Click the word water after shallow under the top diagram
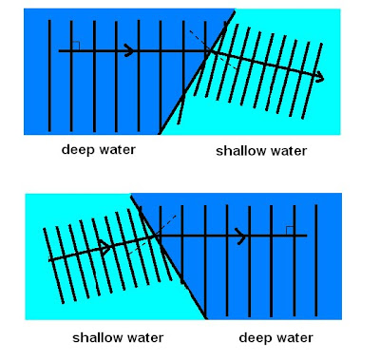[289, 151]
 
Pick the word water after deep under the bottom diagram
[294, 338]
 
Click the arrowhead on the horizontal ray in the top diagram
[130, 50]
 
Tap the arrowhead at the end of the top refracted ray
[319, 77]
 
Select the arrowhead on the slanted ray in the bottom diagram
[105, 245]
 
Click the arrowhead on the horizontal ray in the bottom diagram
[241, 236]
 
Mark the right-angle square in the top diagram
[76, 46]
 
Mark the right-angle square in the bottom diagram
[290, 231]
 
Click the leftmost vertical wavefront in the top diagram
[49, 76]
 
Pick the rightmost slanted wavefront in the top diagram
[313, 81]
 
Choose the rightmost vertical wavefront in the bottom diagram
[316, 260]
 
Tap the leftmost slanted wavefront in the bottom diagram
[53, 266]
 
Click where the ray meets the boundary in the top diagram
[210, 50]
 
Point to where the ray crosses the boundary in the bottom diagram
[155, 236]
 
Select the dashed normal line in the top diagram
[213, 49]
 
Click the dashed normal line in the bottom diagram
[153, 235]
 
